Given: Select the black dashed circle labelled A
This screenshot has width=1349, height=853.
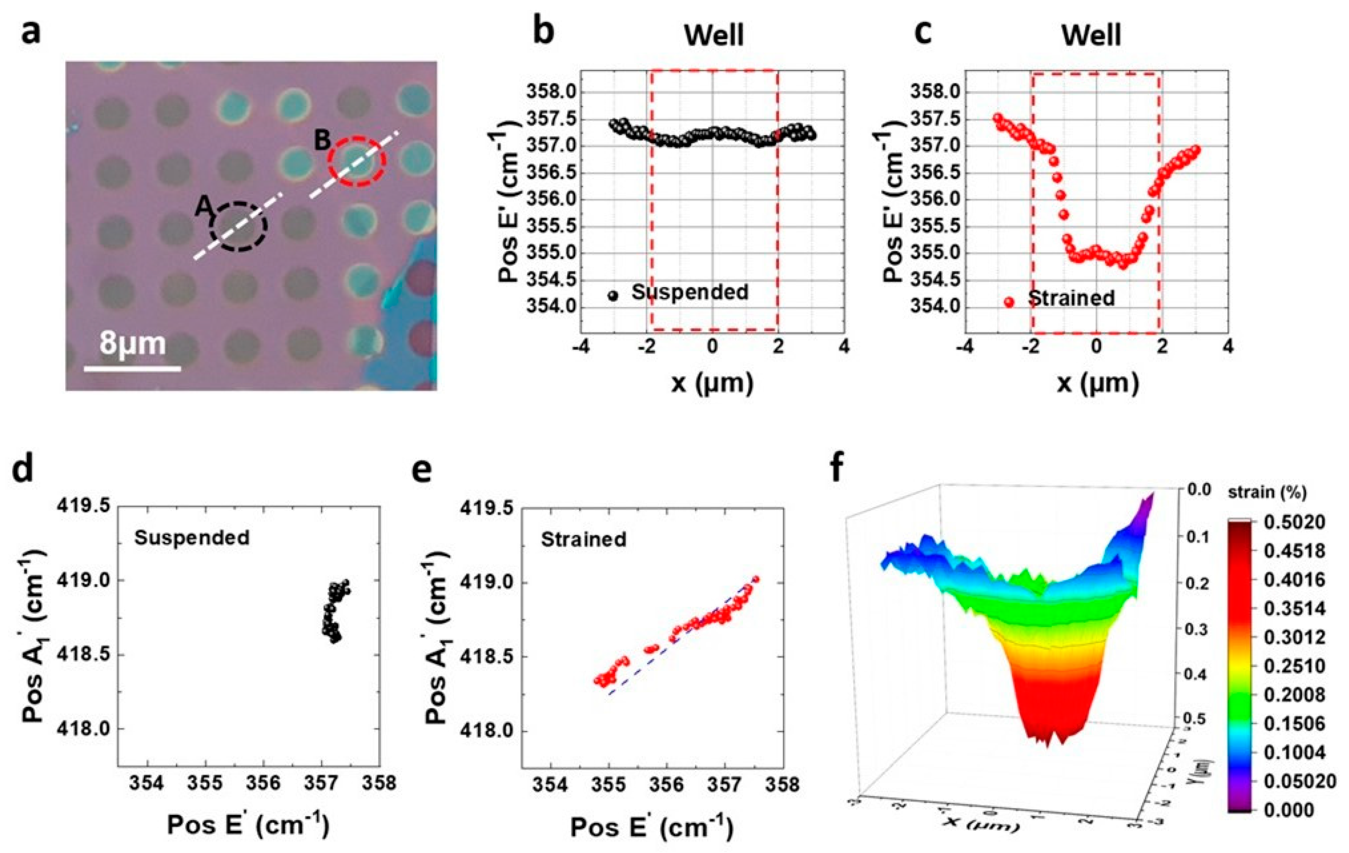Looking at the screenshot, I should tap(239, 226).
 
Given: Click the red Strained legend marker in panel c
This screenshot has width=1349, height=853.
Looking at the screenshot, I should tap(1009, 301).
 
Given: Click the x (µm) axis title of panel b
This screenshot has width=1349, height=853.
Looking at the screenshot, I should tap(712, 383).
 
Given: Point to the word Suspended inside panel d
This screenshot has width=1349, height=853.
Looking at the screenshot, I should tap(192, 537).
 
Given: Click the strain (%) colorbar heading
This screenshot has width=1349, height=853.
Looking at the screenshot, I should tap(1267, 493).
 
